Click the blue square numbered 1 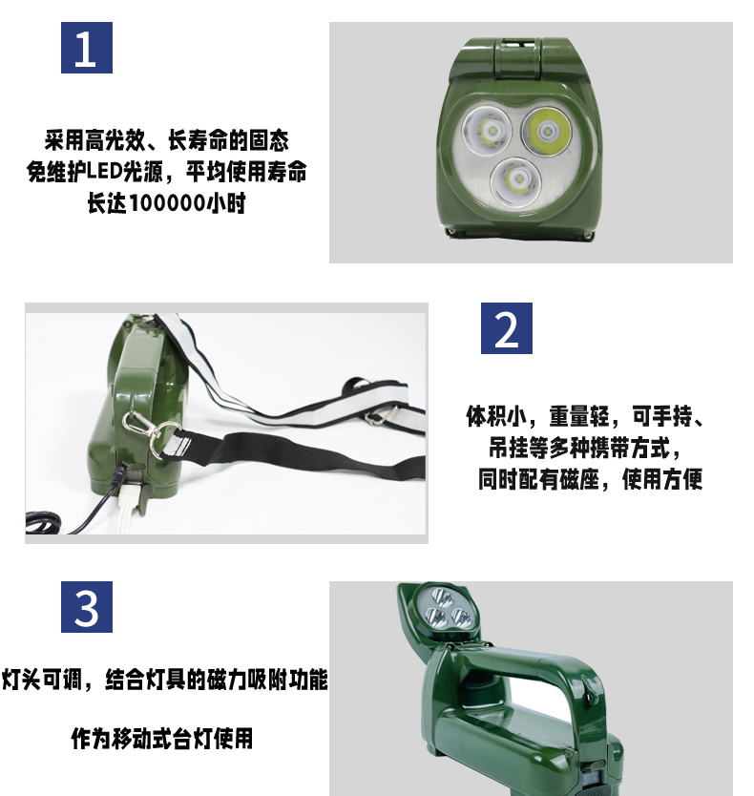[86, 48]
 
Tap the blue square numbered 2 [506, 328]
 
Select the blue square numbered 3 [86, 607]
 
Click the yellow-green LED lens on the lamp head [547, 132]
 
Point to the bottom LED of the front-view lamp [518, 179]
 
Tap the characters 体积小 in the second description [496, 416]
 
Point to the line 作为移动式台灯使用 [162, 739]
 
